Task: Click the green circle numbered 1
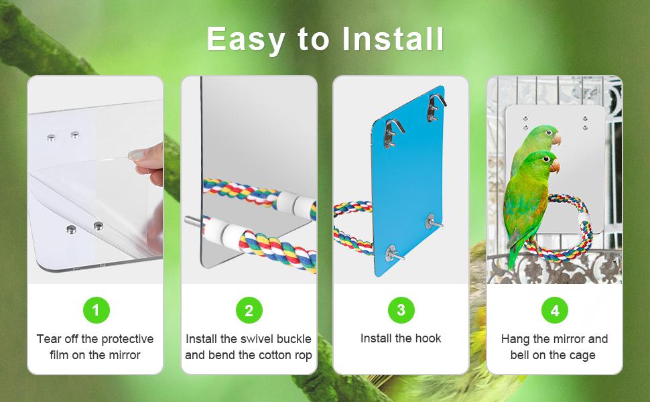[96, 310]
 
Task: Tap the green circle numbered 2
[249, 310]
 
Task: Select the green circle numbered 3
[401, 310]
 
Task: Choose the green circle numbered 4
[554, 310]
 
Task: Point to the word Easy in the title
[245, 40]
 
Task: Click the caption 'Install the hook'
[401, 338]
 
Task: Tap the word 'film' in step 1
[60, 355]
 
